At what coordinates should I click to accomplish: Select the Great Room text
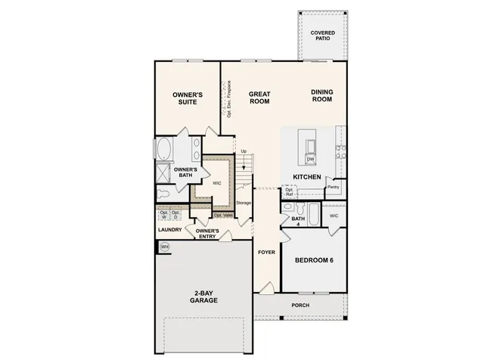pyautogui.click(x=259, y=98)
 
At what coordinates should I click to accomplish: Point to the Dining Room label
pyautogui.click(x=322, y=96)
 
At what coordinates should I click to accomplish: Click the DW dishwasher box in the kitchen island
pyautogui.click(x=310, y=160)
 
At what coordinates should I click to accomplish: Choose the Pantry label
pyautogui.click(x=333, y=187)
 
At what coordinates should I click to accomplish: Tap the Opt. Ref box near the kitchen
pyautogui.click(x=288, y=193)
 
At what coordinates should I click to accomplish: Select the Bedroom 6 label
pyautogui.click(x=314, y=260)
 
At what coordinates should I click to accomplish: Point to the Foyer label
pyautogui.click(x=265, y=252)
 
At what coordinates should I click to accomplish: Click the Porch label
pyautogui.click(x=300, y=306)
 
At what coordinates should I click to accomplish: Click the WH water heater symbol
pyautogui.click(x=164, y=247)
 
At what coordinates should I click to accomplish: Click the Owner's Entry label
pyautogui.click(x=207, y=234)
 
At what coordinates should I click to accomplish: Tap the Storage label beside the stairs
pyautogui.click(x=243, y=203)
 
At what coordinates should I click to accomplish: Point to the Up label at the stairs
pyautogui.click(x=244, y=151)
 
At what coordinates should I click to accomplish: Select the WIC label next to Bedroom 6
pyautogui.click(x=334, y=216)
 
